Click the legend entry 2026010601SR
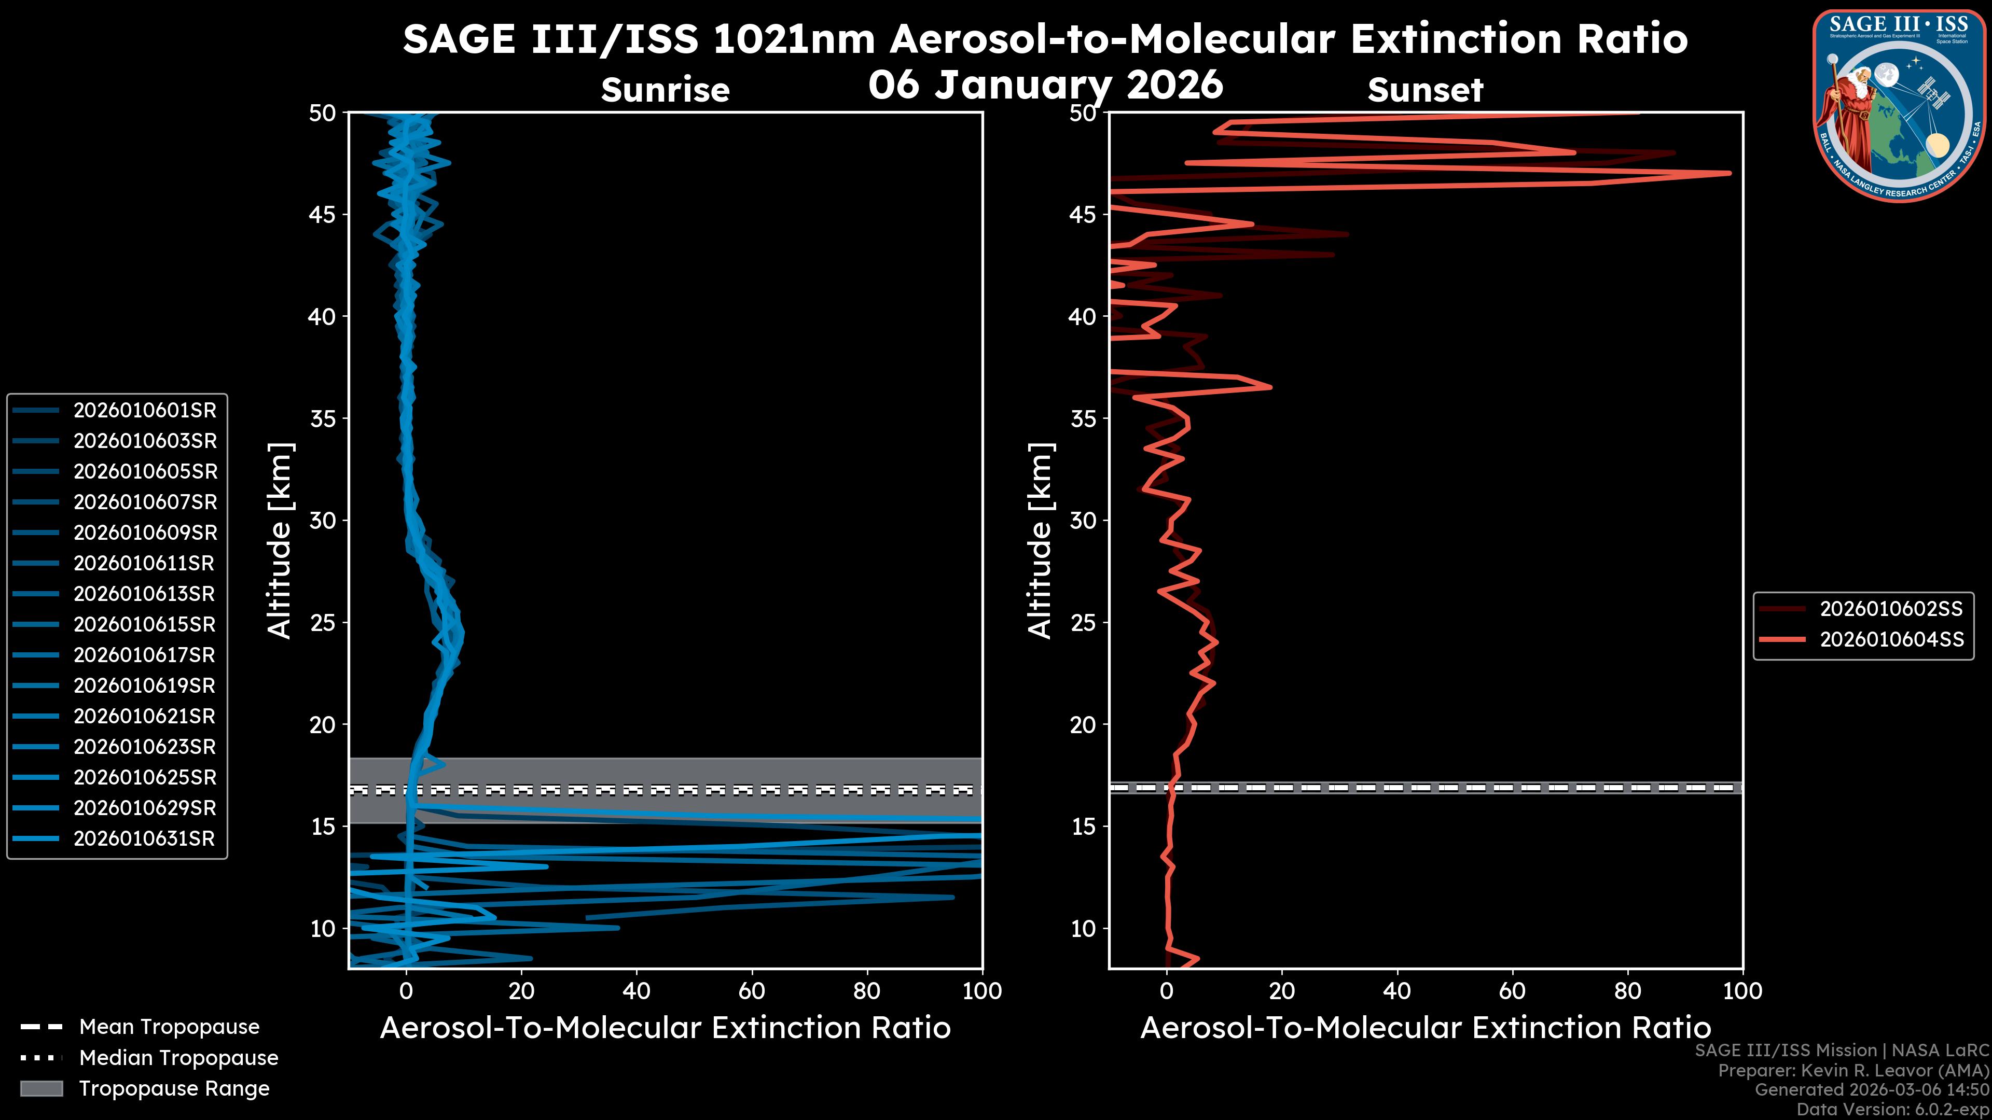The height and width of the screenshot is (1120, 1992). [145, 411]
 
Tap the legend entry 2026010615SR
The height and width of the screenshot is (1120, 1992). [145, 624]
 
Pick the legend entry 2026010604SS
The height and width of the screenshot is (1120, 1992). [1891, 640]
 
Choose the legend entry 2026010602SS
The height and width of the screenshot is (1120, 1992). [1891, 609]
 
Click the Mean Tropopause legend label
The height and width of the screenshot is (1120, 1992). [169, 1027]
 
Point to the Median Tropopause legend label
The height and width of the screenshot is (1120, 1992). [178, 1058]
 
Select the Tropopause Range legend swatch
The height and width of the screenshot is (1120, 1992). [41, 1088]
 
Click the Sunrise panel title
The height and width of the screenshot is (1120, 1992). [665, 90]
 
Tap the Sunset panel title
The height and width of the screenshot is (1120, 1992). [1425, 90]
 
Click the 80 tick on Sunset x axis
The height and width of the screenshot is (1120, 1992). [1628, 991]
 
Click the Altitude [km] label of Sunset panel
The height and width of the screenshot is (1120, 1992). [1040, 541]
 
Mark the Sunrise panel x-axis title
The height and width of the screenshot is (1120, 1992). [665, 1028]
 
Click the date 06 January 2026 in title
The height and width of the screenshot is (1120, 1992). [1045, 85]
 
